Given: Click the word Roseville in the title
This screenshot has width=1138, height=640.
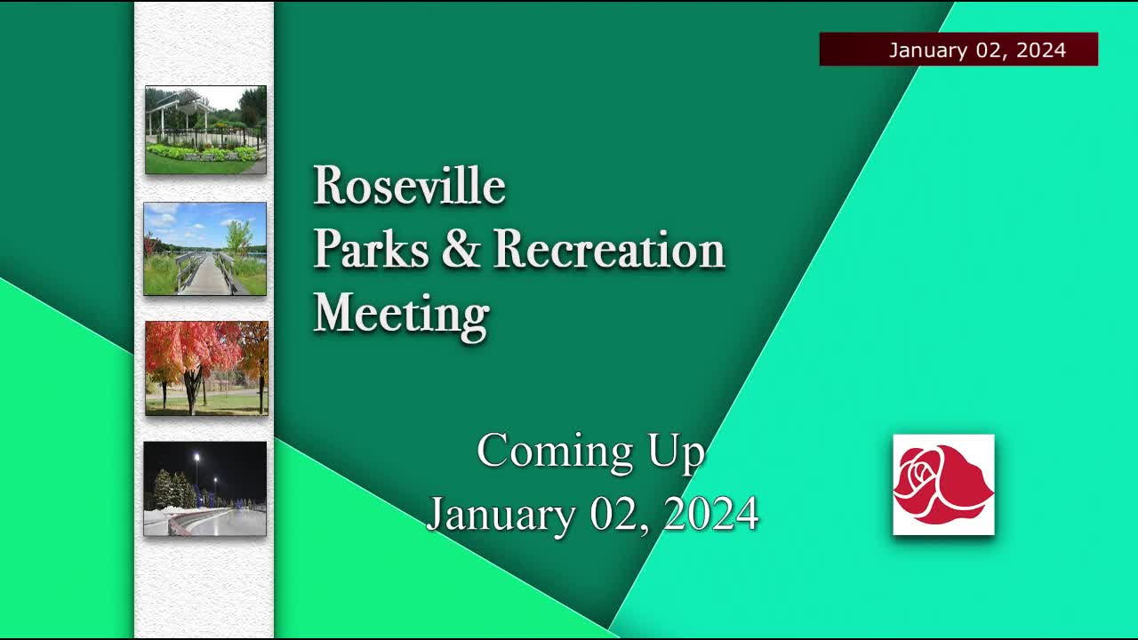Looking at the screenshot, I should coord(409,187).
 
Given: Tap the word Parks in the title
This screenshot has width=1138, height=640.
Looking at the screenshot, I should coord(371,250).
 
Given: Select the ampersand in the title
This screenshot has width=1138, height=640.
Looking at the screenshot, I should coord(461,250).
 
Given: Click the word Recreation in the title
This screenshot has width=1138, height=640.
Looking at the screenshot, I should coord(609,250).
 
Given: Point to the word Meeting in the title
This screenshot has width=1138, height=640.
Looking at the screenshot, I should coord(401,315).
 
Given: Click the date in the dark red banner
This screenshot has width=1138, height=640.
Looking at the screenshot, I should coord(976,50).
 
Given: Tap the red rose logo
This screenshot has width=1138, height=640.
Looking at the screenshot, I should coord(943,484).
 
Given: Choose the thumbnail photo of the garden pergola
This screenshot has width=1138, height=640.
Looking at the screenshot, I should coord(205,130).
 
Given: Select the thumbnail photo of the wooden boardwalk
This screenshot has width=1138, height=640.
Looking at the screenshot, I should coord(205,249).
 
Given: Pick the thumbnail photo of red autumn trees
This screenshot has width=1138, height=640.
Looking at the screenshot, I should coord(206,368).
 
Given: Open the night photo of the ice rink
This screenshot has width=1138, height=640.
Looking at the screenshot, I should coord(205,489).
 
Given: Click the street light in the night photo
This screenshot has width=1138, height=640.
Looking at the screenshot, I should coord(196,458).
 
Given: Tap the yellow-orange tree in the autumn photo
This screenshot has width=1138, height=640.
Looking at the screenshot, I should coord(254,351).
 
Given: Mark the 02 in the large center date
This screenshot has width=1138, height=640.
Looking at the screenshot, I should coord(614,515).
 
